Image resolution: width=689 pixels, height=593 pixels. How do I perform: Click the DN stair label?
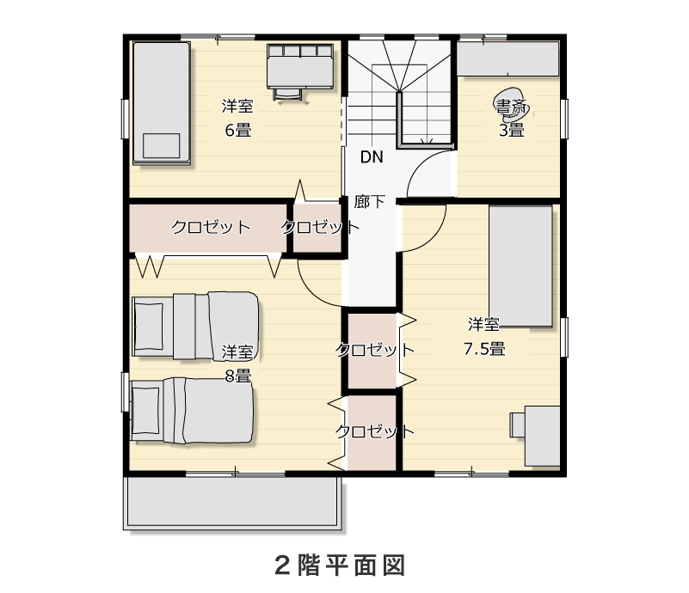point(372,156)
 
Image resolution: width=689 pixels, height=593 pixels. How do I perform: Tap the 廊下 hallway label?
point(370,201)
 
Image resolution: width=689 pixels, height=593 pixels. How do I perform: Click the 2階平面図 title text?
point(340,565)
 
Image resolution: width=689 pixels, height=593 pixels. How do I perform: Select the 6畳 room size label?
point(237,131)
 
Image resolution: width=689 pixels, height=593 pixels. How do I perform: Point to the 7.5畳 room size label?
point(484,349)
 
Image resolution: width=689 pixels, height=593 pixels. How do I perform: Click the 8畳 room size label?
point(237,376)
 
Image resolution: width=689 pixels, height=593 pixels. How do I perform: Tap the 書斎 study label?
point(511,107)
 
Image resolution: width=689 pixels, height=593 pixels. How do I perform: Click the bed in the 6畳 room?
point(162,103)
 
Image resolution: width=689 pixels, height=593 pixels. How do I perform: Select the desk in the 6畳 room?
point(299,70)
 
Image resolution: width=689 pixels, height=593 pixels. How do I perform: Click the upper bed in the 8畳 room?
point(195,326)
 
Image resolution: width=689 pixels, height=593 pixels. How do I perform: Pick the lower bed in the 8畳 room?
point(193,410)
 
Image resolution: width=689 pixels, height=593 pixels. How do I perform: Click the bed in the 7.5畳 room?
point(520,266)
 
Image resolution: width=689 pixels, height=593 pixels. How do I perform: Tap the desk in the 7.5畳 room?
point(535,436)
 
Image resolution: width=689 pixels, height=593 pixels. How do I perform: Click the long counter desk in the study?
point(508,58)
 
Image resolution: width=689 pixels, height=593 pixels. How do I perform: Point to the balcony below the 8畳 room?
point(232,503)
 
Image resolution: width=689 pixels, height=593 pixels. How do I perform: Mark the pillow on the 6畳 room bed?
point(161,145)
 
